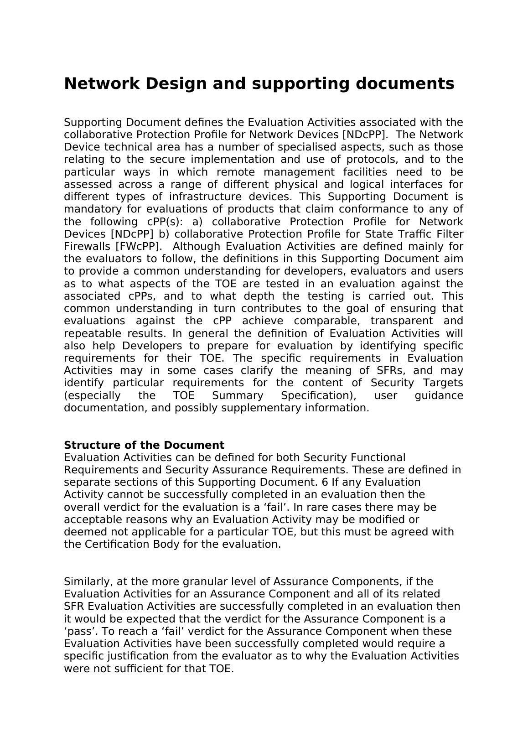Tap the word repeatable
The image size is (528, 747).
click(x=93, y=333)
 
